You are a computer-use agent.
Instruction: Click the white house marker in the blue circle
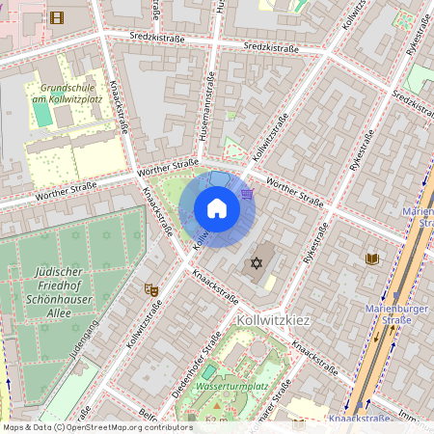point(217,208)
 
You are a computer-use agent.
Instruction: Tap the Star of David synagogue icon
point(257,263)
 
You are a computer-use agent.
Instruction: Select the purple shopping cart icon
point(248,193)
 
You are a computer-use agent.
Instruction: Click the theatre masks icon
point(150,288)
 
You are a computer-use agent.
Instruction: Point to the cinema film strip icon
point(57,16)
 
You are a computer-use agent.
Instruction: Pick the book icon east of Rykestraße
point(372,258)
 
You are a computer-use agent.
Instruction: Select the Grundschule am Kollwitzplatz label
point(67,93)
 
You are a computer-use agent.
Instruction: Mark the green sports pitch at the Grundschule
point(42,113)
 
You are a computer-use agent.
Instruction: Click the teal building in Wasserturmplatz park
point(208,372)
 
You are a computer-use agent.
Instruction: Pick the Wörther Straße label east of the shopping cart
point(294,192)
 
